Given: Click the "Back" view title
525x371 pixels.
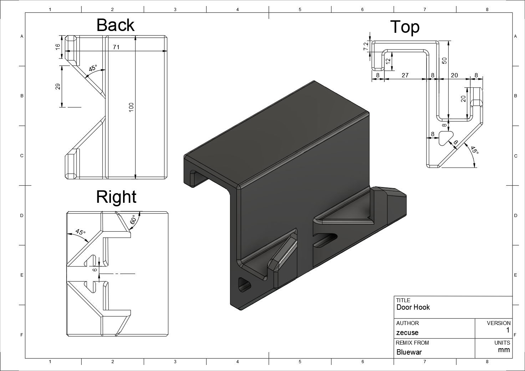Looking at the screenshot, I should pyautogui.click(x=116, y=25).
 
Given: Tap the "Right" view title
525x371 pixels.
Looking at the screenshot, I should pyautogui.click(x=116, y=197).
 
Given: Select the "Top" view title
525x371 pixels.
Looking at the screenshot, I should pyautogui.click(x=404, y=27).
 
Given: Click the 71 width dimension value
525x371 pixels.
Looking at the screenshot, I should pyautogui.click(x=116, y=47).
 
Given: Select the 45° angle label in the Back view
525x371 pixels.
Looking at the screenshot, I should pyautogui.click(x=92, y=68).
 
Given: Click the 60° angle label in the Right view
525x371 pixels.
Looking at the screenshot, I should pyautogui.click(x=133, y=220).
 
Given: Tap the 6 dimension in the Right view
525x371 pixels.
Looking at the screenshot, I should pyautogui.click(x=95, y=270).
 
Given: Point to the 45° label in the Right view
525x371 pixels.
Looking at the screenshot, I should pyautogui.click(x=81, y=232).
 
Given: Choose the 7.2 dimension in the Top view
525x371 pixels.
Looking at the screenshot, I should pyautogui.click(x=366, y=46).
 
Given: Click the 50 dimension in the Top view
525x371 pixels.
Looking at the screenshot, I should pyautogui.click(x=444, y=61).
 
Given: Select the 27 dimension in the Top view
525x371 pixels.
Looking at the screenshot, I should pyautogui.click(x=405, y=75).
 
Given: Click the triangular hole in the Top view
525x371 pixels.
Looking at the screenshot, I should pyautogui.click(x=444, y=138).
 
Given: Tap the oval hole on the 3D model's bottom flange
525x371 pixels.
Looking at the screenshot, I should pyautogui.click(x=245, y=284).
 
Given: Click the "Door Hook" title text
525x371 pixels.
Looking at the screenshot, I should pyautogui.click(x=413, y=307).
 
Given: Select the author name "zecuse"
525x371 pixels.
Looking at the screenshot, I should pyautogui.click(x=407, y=333).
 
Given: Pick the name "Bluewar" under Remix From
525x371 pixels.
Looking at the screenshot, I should pyautogui.click(x=409, y=352).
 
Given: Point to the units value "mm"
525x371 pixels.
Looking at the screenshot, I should pyautogui.click(x=504, y=350).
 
